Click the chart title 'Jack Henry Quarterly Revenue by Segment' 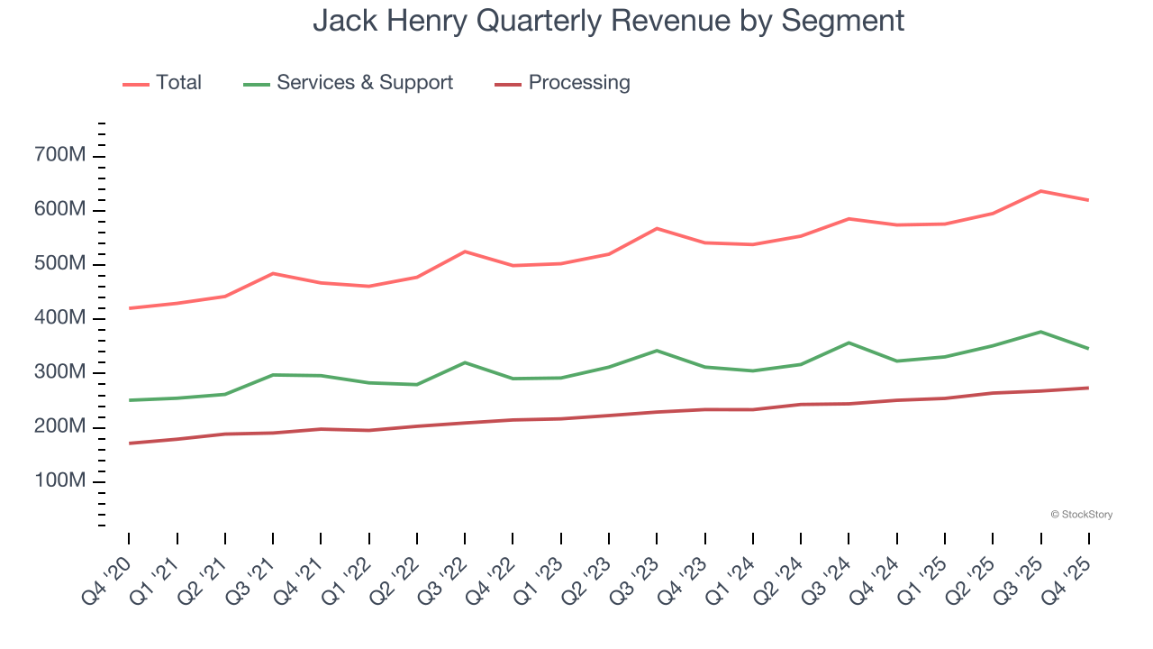point(608,20)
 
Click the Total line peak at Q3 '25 point(1040,191)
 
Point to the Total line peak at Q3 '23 point(657,228)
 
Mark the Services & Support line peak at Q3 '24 point(849,343)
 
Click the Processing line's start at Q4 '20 point(129,443)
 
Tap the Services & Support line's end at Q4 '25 point(1088,348)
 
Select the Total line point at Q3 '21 point(273,273)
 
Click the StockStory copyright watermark point(1081,515)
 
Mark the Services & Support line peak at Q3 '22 point(465,362)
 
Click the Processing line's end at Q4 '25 point(1088,388)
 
